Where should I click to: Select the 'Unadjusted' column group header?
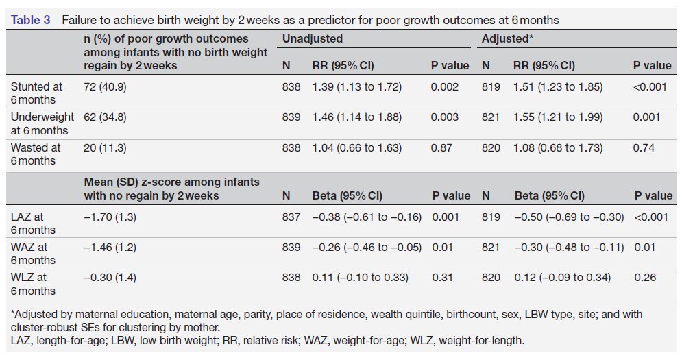313,39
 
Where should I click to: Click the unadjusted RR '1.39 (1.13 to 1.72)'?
356,87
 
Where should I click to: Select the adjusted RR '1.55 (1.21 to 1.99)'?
559,117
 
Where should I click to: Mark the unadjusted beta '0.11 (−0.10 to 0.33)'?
360,278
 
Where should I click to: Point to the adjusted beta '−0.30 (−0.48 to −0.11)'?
569,248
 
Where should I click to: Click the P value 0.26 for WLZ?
645,278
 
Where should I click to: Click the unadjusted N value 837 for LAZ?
291,217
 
